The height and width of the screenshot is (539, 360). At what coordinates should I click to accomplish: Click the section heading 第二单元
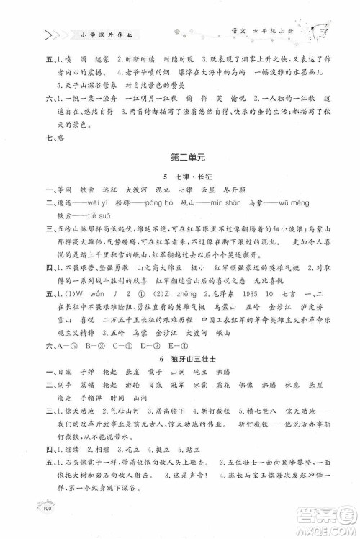(181, 175)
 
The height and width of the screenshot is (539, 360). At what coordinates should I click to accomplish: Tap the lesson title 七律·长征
(183, 195)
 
